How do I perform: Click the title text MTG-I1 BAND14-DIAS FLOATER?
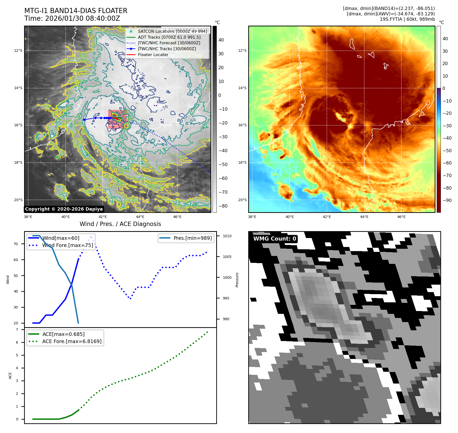click(x=76, y=11)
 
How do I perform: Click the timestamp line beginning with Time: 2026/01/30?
click(x=72, y=18)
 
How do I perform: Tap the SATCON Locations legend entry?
click(x=172, y=31)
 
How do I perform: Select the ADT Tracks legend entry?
click(x=169, y=37)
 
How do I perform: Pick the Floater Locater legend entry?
click(x=153, y=55)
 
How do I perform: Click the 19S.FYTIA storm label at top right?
click(x=407, y=19)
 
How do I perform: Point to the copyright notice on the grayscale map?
click(x=64, y=209)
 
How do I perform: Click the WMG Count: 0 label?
click(x=275, y=239)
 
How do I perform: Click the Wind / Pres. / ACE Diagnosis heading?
click(x=120, y=224)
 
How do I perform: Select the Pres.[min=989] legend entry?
click(x=192, y=238)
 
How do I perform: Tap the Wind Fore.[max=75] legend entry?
click(x=68, y=245)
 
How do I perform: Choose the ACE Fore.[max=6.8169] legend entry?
click(x=72, y=341)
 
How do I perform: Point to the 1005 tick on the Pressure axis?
click(x=227, y=257)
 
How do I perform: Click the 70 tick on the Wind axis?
click(x=16, y=244)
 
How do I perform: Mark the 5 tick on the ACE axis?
click(x=17, y=355)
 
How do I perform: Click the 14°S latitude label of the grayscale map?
click(x=18, y=88)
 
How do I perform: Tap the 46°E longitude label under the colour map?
click(x=401, y=217)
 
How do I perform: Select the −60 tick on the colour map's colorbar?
click(x=447, y=163)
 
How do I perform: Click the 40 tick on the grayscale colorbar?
click(x=221, y=40)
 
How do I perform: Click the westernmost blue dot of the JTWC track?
click(x=84, y=120)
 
